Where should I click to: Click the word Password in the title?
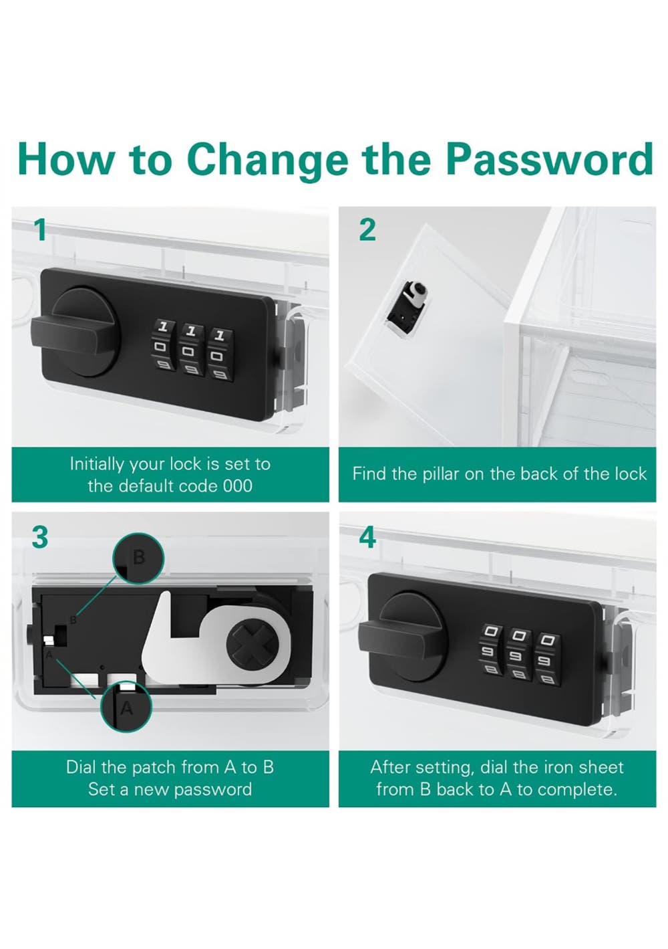pos(550,159)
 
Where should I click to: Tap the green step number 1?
pos(41,230)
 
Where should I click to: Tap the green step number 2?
pos(367,230)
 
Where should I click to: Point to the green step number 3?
pos(40,537)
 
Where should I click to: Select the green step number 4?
pos(367,537)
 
